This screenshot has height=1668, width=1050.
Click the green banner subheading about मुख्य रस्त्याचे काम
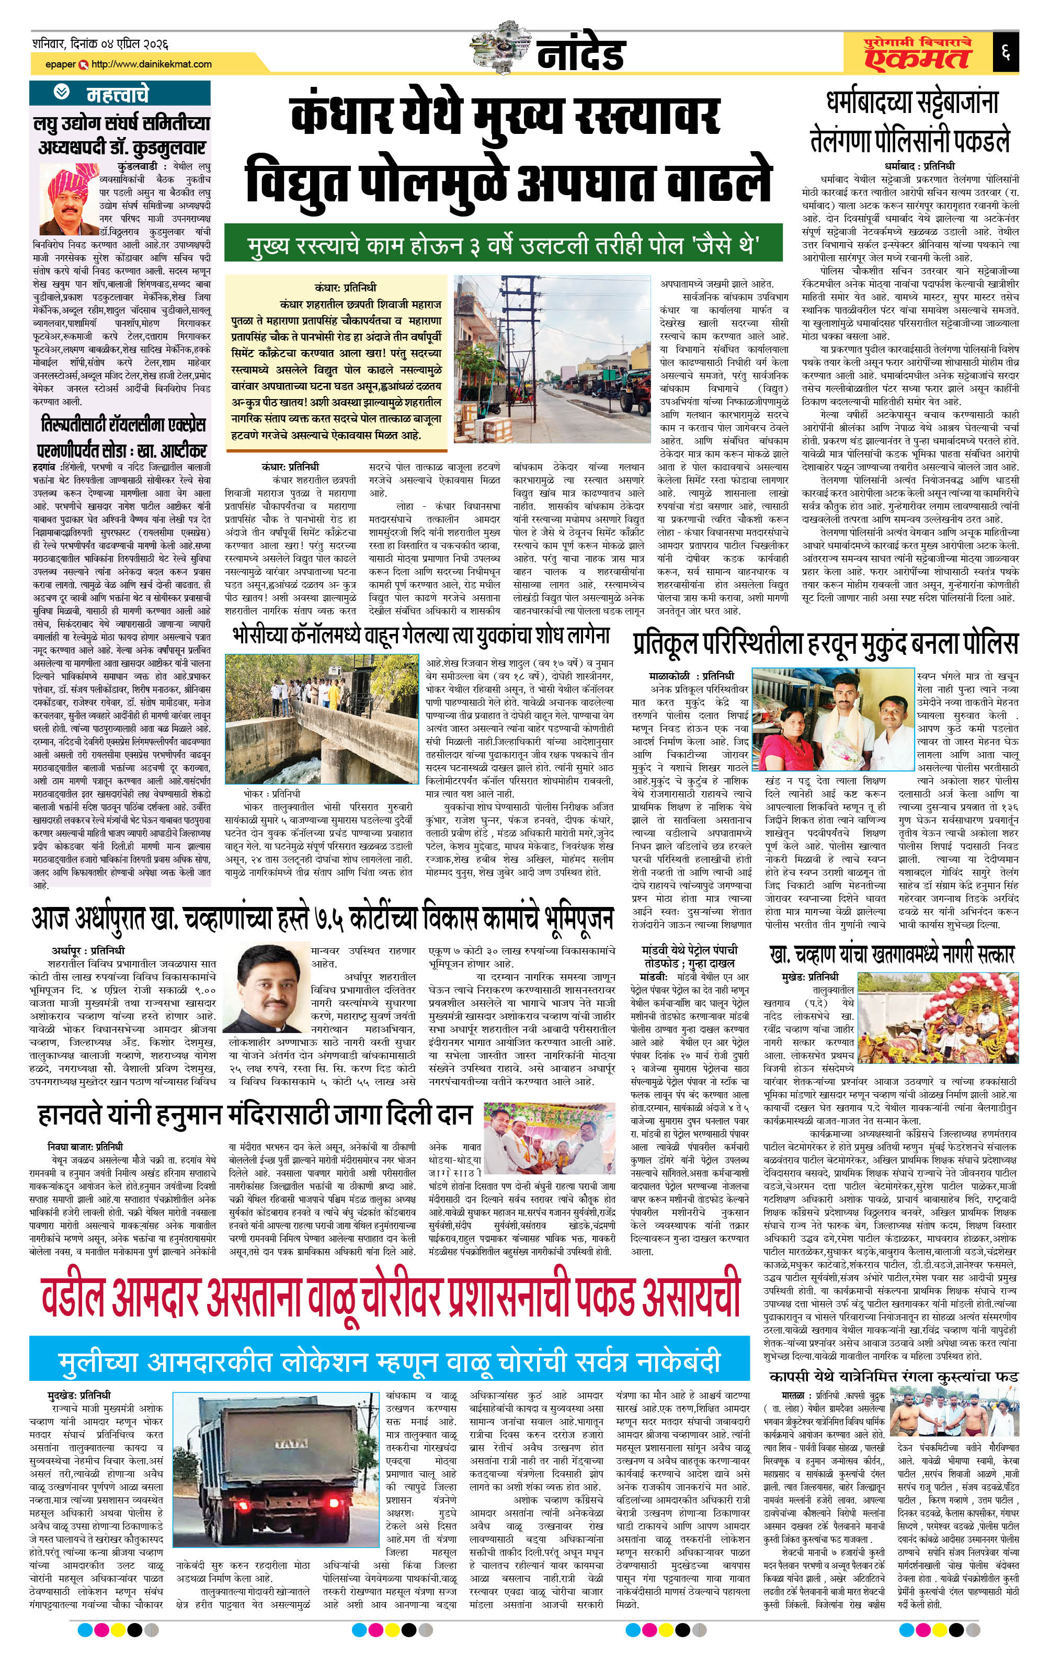click(x=504, y=245)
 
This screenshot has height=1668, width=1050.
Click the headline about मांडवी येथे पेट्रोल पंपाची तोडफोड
click(x=689, y=956)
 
